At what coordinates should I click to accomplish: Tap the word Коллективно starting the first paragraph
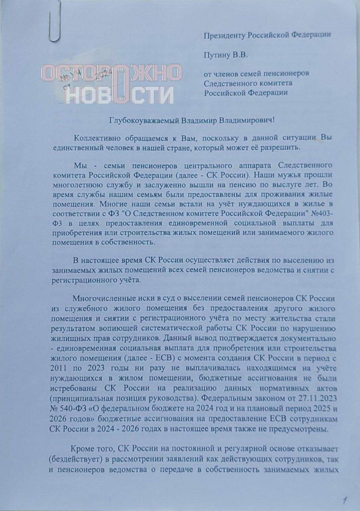[95, 138]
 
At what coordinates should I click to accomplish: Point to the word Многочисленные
[102, 299]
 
